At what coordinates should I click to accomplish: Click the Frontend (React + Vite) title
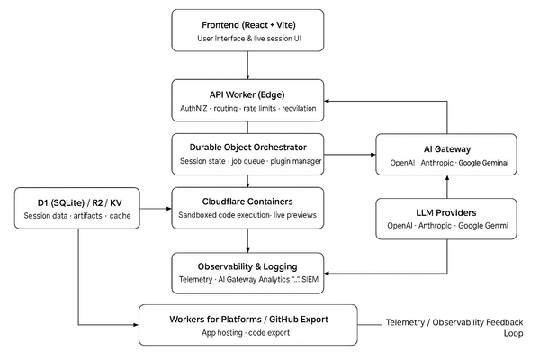coord(247,22)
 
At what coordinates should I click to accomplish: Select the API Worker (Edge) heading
coord(247,93)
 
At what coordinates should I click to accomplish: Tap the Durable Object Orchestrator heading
coord(247,146)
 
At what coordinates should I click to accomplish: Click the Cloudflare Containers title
coord(247,201)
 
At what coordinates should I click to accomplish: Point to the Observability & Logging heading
coord(247,265)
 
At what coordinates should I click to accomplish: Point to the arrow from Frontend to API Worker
coord(247,65)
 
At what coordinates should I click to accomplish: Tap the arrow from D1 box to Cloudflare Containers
coord(156,209)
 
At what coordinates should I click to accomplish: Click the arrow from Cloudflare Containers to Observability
coord(247,239)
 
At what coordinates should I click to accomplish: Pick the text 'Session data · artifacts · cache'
coord(78,216)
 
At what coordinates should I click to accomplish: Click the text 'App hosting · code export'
coord(247,333)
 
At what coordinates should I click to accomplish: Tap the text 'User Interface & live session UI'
coord(247,39)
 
